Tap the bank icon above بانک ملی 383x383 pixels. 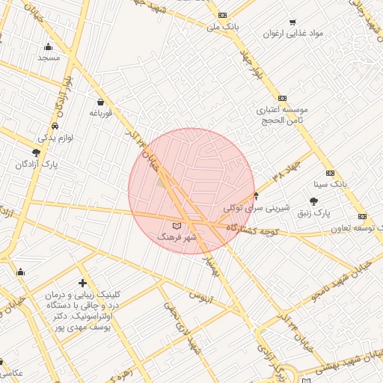click(x=222, y=15)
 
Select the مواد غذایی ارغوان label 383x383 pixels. click(x=293, y=34)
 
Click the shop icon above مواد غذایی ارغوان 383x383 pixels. click(x=292, y=22)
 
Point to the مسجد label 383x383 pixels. click(x=49, y=58)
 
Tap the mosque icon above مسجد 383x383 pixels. click(x=49, y=46)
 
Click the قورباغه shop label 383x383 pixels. click(x=100, y=113)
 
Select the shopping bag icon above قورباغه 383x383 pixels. click(x=100, y=102)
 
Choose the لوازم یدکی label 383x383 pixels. click(x=55, y=138)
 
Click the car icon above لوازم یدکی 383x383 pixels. click(x=55, y=126)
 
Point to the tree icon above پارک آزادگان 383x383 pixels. click(x=36, y=152)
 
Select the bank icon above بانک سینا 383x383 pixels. click(x=330, y=173)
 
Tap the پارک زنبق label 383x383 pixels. click(x=313, y=213)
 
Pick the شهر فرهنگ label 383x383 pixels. click(x=177, y=236)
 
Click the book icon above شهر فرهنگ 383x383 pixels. click(x=177, y=225)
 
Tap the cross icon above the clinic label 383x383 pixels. click(x=82, y=283)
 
